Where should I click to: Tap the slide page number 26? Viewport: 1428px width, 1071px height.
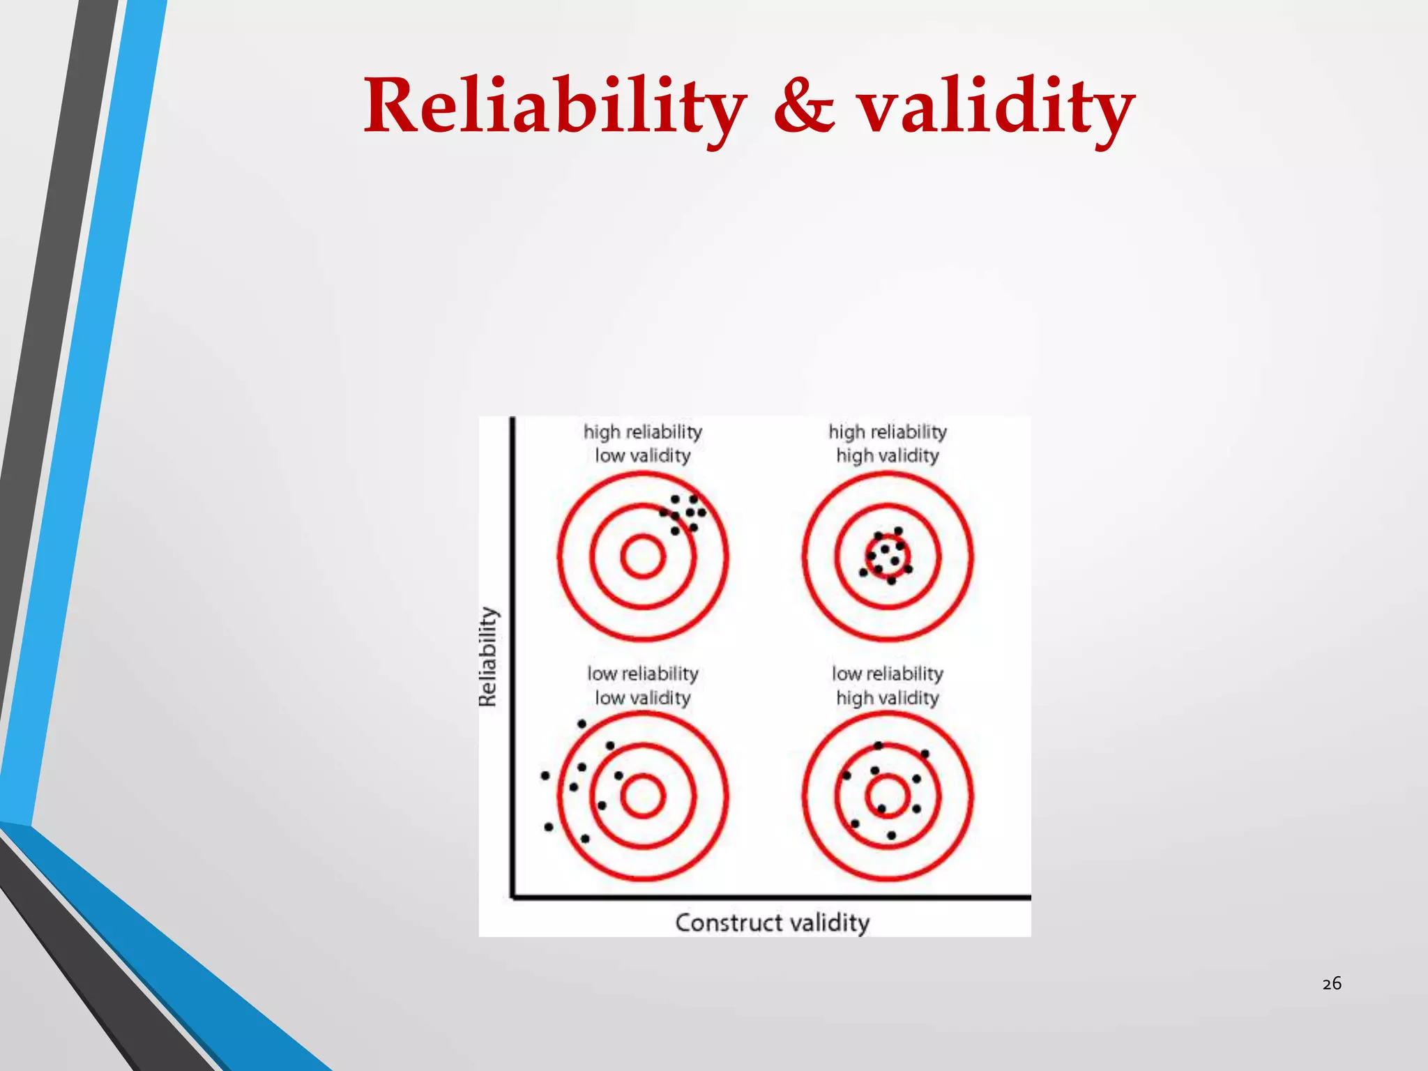1331,984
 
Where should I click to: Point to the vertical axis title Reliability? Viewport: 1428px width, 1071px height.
489,656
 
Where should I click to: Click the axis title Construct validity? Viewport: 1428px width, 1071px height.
772,922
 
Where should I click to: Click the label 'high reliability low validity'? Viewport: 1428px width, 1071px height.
642,443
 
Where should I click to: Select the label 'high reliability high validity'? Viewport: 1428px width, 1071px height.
887,443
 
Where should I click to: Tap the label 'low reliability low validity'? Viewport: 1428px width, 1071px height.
642,685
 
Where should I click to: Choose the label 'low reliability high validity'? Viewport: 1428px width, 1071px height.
887,685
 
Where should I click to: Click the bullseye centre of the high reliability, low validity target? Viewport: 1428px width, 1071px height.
642,556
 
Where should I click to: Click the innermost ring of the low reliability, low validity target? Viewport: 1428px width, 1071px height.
642,796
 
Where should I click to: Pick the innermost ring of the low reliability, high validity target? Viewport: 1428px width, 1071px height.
887,796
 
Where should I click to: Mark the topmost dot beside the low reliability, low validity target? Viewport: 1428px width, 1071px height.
582,724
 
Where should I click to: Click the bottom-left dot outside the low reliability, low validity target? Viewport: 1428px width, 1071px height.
549,827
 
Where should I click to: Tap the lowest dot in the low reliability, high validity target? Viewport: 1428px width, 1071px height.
891,835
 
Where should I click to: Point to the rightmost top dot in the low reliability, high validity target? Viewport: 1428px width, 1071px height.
925,754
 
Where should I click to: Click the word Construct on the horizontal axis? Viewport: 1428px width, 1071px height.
729,922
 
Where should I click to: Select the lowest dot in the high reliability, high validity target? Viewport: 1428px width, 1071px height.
891,580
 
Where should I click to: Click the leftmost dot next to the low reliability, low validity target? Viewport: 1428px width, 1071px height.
545,775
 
